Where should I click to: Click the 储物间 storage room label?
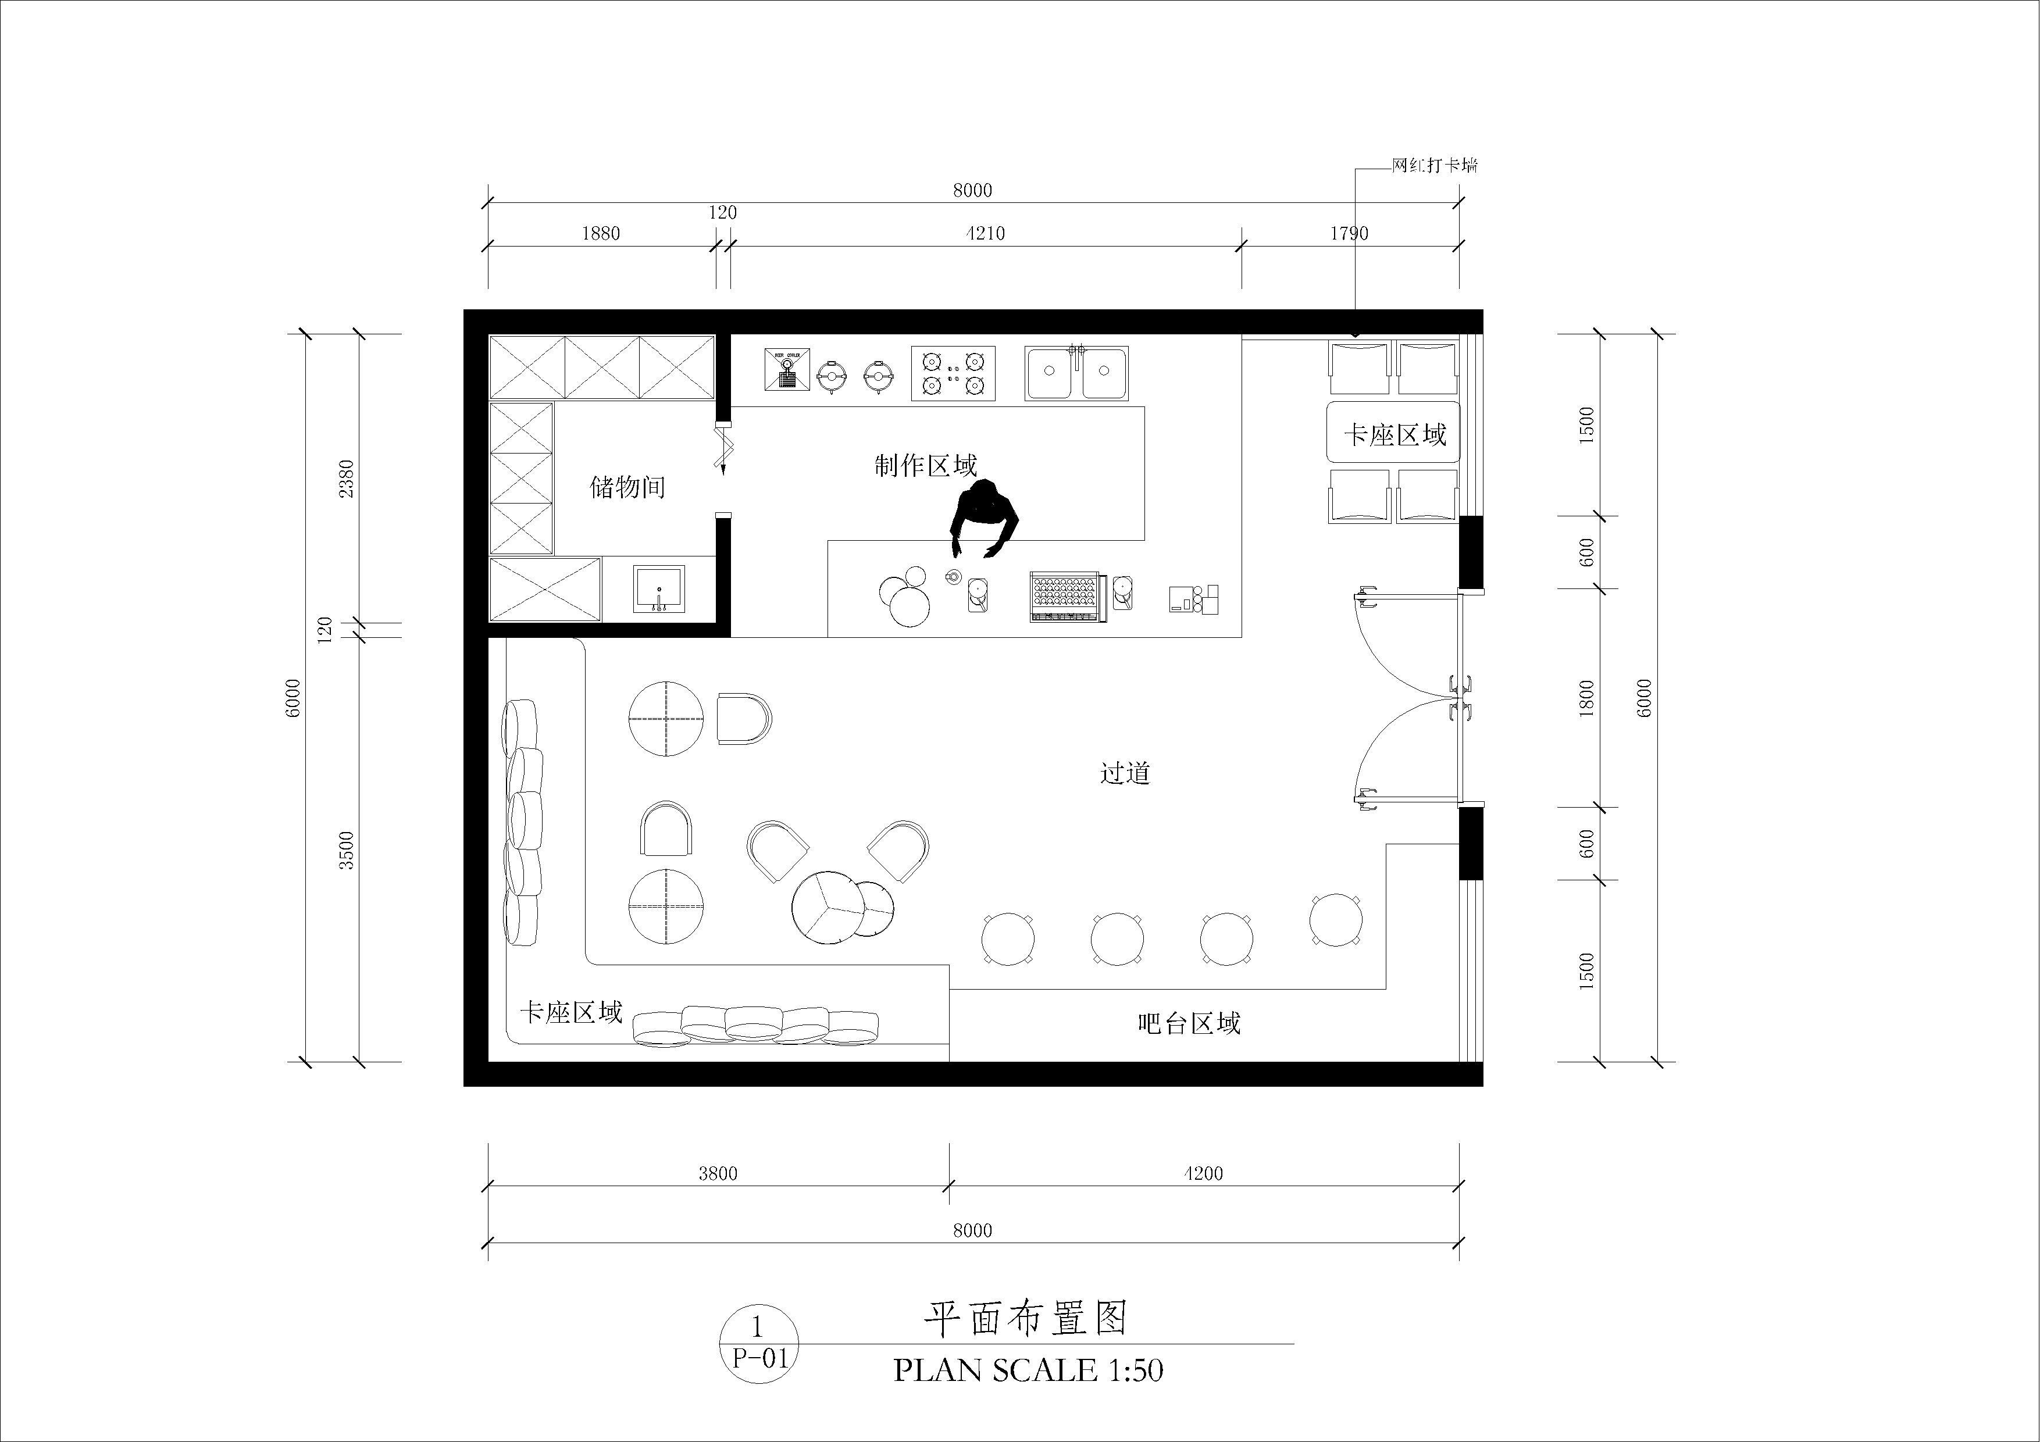tap(627, 487)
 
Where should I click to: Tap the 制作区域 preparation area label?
tap(926, 466)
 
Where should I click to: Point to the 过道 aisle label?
tap(1126, 773)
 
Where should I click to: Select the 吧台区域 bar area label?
tap(1189, 1023)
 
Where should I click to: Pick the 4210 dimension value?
tap(985, 234)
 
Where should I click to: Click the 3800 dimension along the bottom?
tap(718, 1174)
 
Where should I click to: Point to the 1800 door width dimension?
tap(1587, 698)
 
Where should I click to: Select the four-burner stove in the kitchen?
tap(953, 373)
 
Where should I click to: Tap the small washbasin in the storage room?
tap(658, 589)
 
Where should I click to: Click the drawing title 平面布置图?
tap(1026, 1319)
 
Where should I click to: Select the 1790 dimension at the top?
tap(1349, 234)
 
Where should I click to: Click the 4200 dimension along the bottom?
tap(1203, 1174)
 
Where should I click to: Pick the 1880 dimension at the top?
tap(601, 234)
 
